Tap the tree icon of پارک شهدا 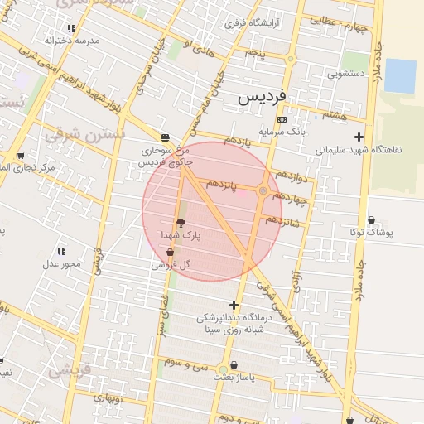[181, 222]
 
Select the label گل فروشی [171, 265]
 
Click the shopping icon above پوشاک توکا [370, 219]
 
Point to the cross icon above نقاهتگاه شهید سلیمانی [359, 137]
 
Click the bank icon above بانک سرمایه [282, 119]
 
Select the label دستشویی [346, 73]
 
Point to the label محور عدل [62, 263]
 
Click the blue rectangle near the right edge [400, 75]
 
